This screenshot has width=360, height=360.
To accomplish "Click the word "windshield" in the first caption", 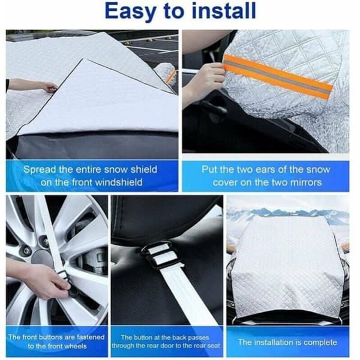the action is click(119, 182).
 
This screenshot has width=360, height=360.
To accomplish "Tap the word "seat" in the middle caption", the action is click(214, 346).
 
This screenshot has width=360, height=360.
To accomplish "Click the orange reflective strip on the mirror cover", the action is click(278, 76).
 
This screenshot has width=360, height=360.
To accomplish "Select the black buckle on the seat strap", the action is click(161, 256).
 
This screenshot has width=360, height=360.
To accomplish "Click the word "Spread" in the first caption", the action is click(40, 170).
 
